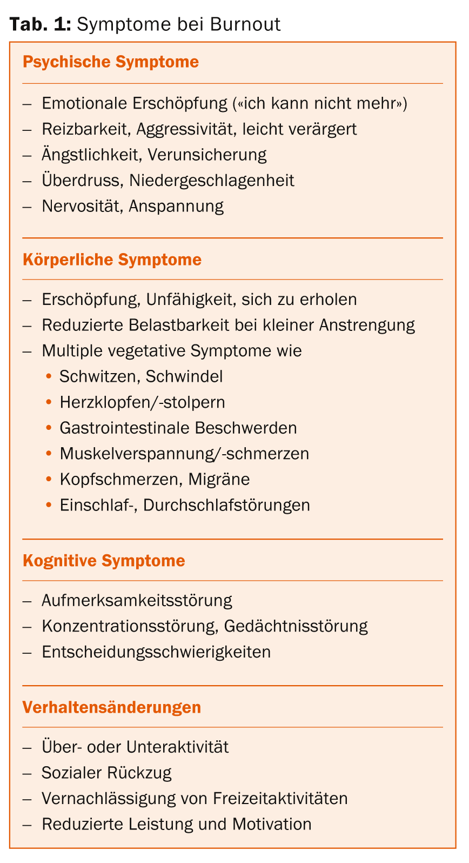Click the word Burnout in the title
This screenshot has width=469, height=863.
(245, 24)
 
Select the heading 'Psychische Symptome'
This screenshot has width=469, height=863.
(111, 62)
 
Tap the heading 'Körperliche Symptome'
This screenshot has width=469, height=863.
(112, 260)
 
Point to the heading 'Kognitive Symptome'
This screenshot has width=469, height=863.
(104, 561)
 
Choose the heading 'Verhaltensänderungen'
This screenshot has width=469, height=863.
(112, 707)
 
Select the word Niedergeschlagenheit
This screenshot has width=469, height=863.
(212, 180)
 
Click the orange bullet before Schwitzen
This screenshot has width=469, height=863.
(49, 376)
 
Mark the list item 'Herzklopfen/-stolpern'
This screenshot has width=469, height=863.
(142, 402)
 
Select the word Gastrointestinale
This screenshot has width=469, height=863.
(124, 428)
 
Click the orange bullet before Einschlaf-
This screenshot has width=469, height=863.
(49, 505)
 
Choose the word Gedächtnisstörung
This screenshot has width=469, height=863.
(296, 626)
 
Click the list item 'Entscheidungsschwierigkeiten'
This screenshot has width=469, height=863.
(156, 652)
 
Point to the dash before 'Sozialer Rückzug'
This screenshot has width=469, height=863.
(28, 773)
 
